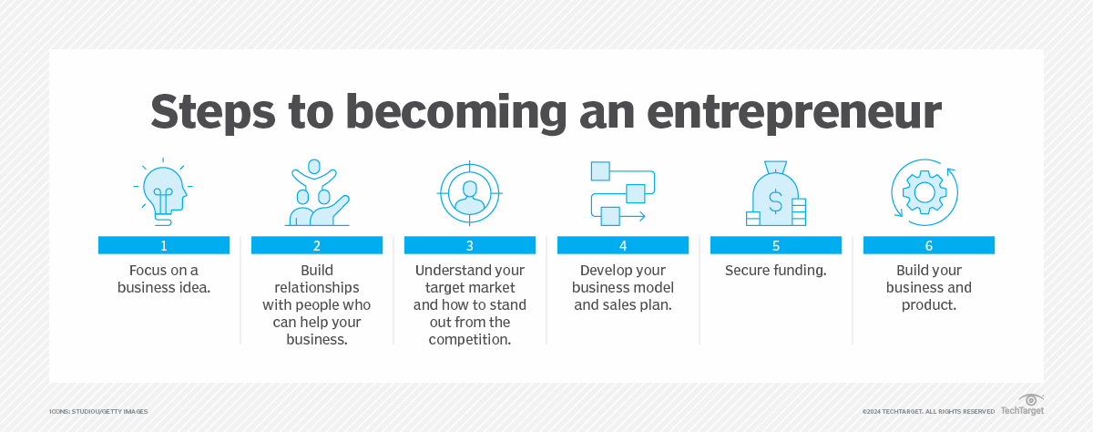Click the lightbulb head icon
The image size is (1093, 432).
pyautogui.click(x=164, y=192)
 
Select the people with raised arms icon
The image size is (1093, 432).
pyautogui.click(x=316, y=192)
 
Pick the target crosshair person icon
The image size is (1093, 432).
pyautogui.click(x=469, y=192)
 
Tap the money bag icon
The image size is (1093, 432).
pyautogui.click(x=774, y=194)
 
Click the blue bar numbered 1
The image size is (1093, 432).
pyautogui.click(x=164, y=245)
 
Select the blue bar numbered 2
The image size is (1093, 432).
pyautogui.click(x=316, y=245)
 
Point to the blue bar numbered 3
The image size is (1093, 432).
pyautogui.click(x=469, y=245)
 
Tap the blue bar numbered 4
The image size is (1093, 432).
pyautogui.click(x=622, y=245)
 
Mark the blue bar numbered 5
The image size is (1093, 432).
pyautogui.click(x=775, y=245)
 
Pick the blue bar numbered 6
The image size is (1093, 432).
pyautogui.click(x=928, y=245)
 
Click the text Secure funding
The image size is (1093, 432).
pyautogui.click(x=775, y=271)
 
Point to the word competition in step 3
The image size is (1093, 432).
pyautogui.click(x=469, y=339)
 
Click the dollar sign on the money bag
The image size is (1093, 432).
pyautogui.click(x=774, y=199)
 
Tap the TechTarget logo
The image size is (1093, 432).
pyautogui.click(x=1023, y=406)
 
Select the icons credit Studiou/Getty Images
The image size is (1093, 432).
pyautogui.click(x=98, y=412)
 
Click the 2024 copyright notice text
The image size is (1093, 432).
pyautogui.click(x=927, y=412)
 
